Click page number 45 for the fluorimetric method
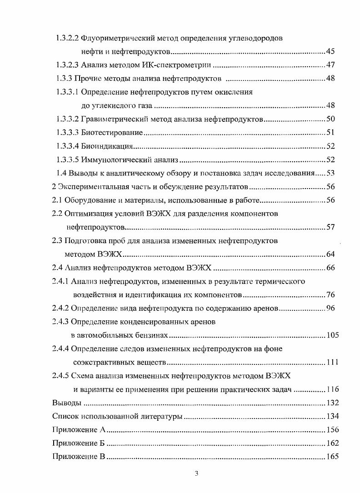[330, 51]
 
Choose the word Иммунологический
[115, 160]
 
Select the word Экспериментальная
[93, 187]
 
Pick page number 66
[330, 268]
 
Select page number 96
[330, 308]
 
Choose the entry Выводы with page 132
[67, 403]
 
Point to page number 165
[332, 457]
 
